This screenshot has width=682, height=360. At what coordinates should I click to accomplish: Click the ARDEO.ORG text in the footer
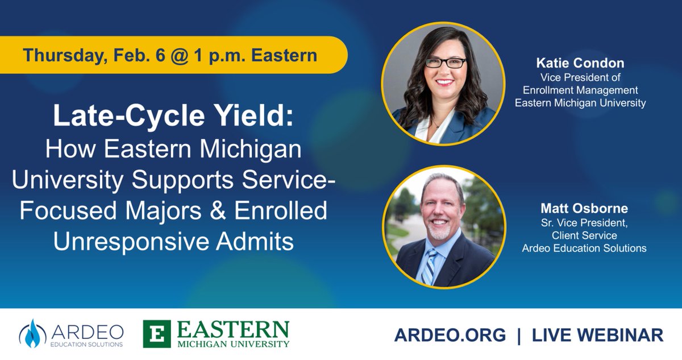point(450,335)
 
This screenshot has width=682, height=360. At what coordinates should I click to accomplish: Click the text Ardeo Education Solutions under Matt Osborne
point(584,248)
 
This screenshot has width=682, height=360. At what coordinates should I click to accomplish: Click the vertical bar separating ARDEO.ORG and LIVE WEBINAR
point(519,335)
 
